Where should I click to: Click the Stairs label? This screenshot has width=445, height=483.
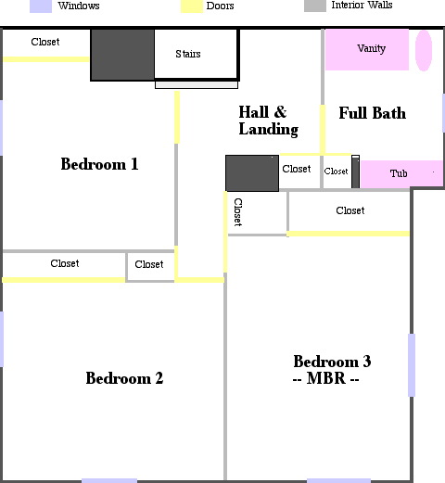tap(188, 54)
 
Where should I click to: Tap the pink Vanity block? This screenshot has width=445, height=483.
tap(367, 49)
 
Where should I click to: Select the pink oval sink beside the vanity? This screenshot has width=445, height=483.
tap(424, 51)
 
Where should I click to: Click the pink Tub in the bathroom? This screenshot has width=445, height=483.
tap(401, 173)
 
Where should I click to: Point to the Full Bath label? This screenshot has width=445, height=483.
tap(373, 113)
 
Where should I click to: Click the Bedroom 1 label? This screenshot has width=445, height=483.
tap(99, 164)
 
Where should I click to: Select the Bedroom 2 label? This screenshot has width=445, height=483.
tap(124, 378)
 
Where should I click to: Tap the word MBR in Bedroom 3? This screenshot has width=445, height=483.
tap(325, 378)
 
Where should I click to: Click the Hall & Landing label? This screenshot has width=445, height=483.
tap(268, 121)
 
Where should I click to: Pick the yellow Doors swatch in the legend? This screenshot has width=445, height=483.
tap(192, 6)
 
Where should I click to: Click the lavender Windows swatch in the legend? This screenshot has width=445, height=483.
tap(41, 6)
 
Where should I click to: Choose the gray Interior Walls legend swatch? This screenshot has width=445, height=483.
tap(315, 6)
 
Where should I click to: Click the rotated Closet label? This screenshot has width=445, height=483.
tap(238, 212)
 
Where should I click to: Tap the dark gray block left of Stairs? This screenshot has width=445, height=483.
tap(122, 55)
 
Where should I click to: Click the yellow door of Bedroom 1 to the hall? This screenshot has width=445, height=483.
tap(177, 117)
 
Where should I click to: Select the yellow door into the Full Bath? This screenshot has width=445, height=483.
tap(323, 129)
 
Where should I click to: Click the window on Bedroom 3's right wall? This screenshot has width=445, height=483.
tap(412, 365)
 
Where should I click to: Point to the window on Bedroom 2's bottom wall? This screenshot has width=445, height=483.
tap(109, 480)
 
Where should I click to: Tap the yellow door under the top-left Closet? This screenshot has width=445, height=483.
tap(45, 59)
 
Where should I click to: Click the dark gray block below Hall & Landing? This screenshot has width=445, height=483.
tap(252, 173)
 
